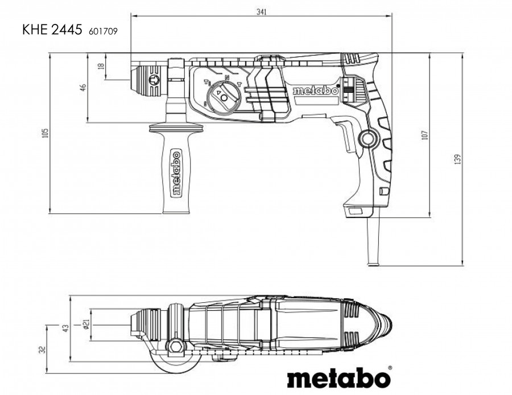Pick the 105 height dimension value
pos(46,133)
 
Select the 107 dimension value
pos(424,135)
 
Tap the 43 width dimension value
pos(65,327)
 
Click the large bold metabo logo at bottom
pos(339,377)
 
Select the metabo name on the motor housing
pos(315,91)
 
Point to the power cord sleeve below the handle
pos(374,241)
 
